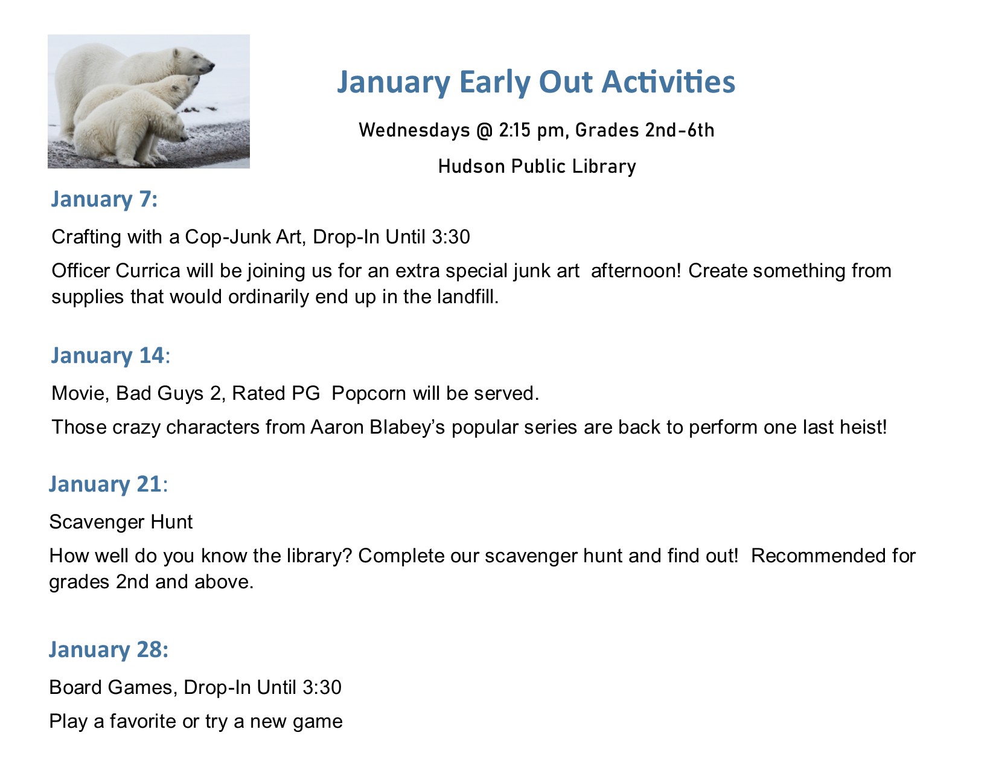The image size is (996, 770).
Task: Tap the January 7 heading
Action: [104, 199]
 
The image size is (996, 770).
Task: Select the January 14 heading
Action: [110, 356]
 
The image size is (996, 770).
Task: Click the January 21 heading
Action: [108, 484]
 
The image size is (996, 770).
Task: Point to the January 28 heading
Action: [109, 650]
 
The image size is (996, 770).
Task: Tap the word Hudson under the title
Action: [471, 166]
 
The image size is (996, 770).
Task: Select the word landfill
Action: [468, 297]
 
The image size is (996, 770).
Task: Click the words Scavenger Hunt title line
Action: [121, 522]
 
